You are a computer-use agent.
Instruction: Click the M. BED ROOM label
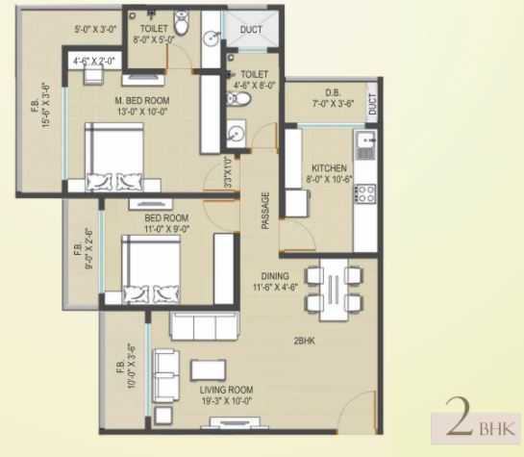[142, 100]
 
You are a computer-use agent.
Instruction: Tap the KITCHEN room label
[329, 167]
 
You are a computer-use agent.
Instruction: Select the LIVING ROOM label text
[226, 390]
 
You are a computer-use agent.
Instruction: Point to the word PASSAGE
[265, 211]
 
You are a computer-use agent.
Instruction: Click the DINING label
[275, 276]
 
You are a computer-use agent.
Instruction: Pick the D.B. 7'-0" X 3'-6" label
[333, 98]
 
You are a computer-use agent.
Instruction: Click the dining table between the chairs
[334, 290]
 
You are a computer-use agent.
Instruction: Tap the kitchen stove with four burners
[365, 194]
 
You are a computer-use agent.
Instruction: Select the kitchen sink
[366, 145]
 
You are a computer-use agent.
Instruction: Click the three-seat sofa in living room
[205, 326]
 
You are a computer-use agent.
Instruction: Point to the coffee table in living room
[208, 370]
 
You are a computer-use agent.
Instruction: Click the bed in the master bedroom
[114, 157]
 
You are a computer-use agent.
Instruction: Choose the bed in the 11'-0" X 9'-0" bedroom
[151, 269]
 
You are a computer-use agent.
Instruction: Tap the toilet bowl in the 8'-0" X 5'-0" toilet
[182, 23]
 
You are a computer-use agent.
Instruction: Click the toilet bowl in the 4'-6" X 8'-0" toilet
[238, 99]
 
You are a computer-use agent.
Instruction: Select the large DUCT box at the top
[251, 30]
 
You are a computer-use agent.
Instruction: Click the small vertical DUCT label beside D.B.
[372, 104]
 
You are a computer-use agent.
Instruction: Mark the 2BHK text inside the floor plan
[304, 342]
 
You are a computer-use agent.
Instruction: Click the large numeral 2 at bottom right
[460, 417]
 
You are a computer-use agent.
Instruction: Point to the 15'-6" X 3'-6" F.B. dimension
[45, 106]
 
